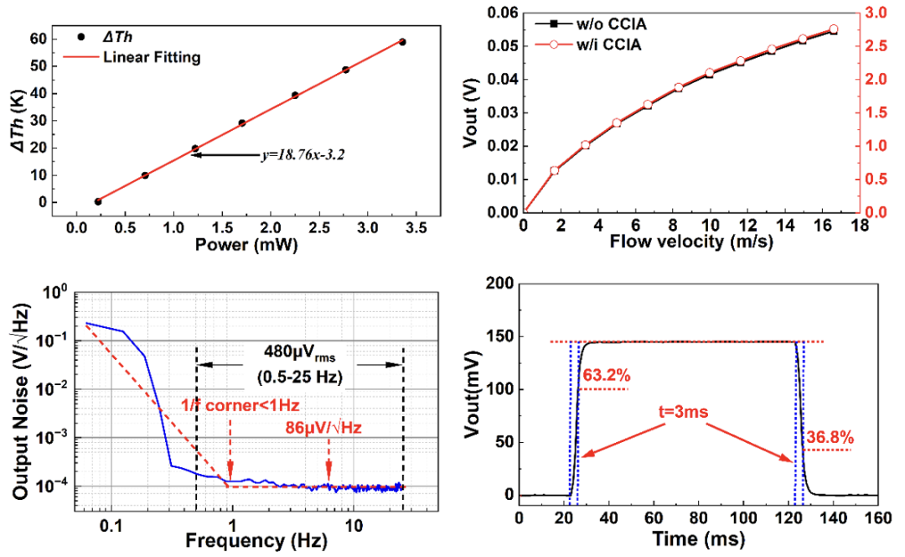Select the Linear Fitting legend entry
click(152, 58)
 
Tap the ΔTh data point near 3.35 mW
click(403, 42)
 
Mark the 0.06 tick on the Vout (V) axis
click(498, 12)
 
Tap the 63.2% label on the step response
click(605, 375)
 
